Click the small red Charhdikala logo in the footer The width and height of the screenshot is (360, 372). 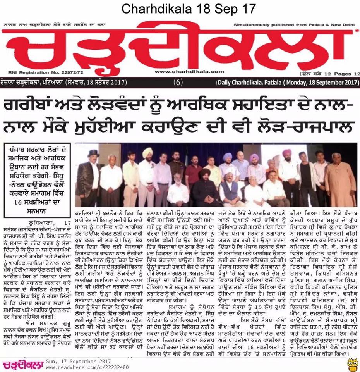click(21, 364)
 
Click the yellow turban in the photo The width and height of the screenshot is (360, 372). click(147, 152)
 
